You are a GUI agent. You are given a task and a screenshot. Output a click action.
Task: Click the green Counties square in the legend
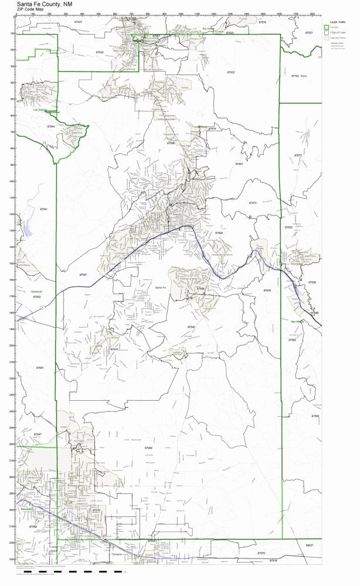pos(327,26)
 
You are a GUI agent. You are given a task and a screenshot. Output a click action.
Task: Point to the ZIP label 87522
pos(230,71)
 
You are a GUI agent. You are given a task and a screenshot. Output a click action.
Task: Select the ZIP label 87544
pos(51,126)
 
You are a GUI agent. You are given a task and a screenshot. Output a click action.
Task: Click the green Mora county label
pos(304,76)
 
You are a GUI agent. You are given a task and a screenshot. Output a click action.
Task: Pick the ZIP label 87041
pos(43,209)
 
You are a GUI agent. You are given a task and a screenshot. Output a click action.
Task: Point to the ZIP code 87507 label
pos(83,274)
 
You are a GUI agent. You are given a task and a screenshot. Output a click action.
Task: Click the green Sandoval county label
pos(37,291)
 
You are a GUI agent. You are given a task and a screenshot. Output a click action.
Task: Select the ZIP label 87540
pos(191,326)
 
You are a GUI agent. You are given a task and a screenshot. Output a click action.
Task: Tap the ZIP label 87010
pos(114,349)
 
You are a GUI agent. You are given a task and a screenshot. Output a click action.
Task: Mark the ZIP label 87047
pos(38,434)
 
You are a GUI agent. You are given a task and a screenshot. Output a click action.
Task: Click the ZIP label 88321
pos(310,546)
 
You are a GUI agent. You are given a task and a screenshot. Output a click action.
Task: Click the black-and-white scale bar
pos(117,571)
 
